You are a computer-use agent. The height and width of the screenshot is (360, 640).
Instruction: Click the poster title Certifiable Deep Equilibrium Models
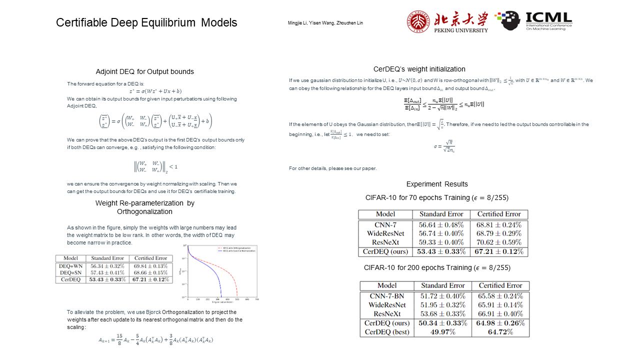point(146,22)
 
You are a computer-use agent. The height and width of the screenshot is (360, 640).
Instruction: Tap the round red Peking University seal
point(418,21)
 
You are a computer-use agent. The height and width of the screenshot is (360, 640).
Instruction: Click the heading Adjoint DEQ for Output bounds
point(145,71)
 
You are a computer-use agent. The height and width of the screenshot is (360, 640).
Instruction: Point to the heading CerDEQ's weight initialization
point(419,69)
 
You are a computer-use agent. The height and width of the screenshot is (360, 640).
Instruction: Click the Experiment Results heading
point(437,184)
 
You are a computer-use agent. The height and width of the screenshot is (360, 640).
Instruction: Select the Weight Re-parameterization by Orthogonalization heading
point(145,207)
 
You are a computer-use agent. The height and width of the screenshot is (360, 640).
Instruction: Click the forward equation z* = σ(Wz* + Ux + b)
point(155,91)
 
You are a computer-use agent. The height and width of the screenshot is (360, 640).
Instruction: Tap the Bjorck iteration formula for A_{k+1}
point(155,340)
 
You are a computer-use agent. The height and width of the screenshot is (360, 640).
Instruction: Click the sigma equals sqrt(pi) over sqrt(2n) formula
point(444,146)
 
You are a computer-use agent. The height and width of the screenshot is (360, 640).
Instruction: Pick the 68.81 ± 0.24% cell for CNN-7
point(498,225)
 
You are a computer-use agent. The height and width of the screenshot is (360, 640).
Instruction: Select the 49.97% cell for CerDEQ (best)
point(442,332)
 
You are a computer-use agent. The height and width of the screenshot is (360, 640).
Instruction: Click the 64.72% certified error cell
point(500,332)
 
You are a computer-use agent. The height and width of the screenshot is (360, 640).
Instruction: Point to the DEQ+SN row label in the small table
point(70,273)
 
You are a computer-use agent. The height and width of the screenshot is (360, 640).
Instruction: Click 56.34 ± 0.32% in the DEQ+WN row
point(107,266)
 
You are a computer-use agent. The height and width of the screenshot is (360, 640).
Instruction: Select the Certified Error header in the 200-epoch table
point(499,285)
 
